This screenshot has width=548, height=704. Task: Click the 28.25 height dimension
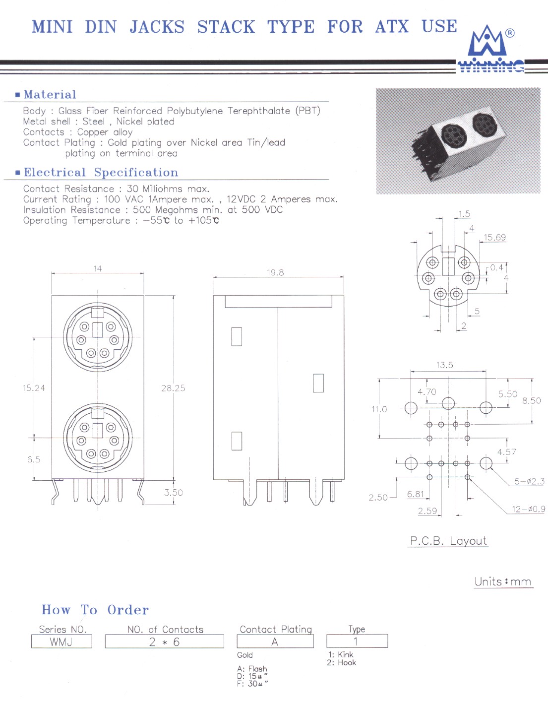tap(173, 388)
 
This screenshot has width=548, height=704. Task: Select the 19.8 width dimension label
tap(275, 272)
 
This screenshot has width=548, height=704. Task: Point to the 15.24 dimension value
tap(34, 388)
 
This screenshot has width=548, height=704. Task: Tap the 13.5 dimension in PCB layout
tap(444, 365)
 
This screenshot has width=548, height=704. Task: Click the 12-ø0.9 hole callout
tap(528, 509)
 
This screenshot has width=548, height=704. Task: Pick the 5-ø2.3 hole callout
tap(530, 481)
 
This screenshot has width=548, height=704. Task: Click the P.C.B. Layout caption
tap(448, 541)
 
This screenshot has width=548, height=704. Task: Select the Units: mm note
tap(503, 582)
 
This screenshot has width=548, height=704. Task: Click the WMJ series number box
tap(61, 641)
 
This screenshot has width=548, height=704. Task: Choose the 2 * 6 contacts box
tap(165, 641)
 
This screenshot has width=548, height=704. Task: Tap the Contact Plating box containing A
tap(275, 641)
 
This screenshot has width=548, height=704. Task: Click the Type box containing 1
tap(357, 641)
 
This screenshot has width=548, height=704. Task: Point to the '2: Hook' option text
tap(342, 662)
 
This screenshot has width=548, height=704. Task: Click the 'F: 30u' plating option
tap(252, 684)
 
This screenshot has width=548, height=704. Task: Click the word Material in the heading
tap(50, 95)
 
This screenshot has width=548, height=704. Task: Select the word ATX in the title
tap(392, 27)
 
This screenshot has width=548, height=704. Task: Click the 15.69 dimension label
tap(494, 237)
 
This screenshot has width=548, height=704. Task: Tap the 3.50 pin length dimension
tap(173, 493)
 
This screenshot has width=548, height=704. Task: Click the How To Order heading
tap(95, 610)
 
